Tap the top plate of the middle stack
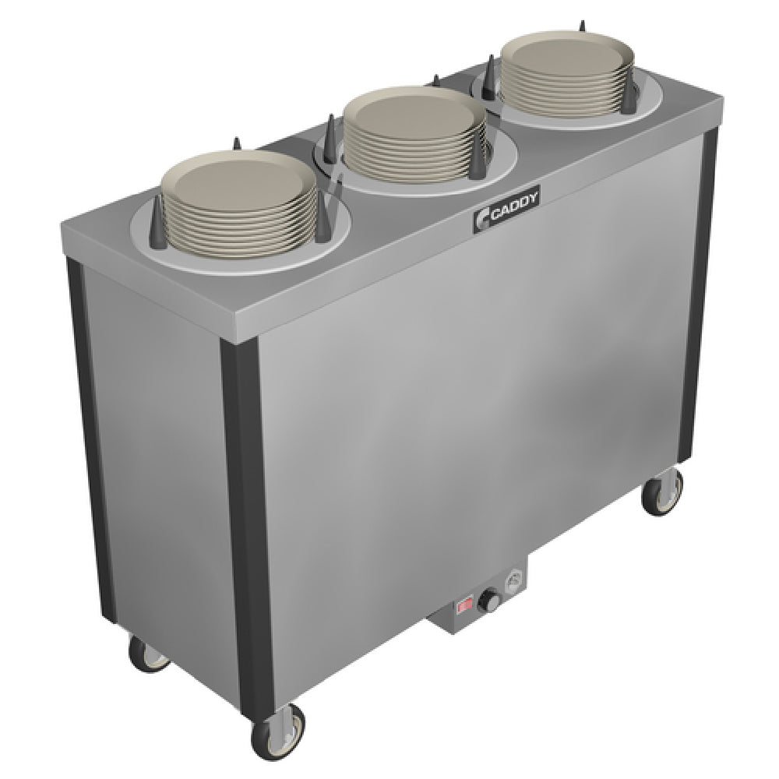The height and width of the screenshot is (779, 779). click(414, 117)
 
